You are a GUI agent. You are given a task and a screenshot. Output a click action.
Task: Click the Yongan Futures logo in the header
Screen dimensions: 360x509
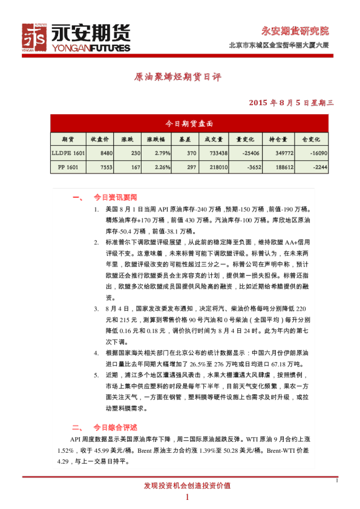[76, 38]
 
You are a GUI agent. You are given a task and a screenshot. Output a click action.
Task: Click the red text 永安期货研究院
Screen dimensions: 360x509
[295, 31]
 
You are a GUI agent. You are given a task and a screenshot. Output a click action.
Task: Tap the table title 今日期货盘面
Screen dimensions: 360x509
[189, 123]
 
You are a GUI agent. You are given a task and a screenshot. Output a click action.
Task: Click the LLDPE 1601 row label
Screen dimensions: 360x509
[68, 154]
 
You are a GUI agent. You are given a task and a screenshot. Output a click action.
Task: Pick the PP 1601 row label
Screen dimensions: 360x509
[68, 167]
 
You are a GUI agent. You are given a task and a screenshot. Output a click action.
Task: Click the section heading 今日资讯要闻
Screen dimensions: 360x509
[115, 197]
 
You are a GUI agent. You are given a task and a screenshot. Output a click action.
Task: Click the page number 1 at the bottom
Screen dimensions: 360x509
[187, 497]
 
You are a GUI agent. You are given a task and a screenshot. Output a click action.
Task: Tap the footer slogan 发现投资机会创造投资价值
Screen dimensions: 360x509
[187, 485]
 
